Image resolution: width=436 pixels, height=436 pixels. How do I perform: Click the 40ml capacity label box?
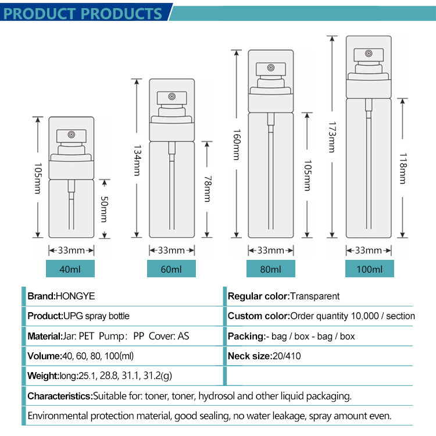(70, 269)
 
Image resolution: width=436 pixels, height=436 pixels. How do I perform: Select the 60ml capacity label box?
(171, 269)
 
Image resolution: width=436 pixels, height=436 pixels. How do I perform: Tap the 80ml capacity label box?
(270, 269)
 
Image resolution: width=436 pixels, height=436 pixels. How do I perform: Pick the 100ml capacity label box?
(369, 269)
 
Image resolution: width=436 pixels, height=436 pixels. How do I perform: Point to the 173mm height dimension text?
(333, 137)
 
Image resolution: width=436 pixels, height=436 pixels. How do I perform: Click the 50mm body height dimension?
(104, 209)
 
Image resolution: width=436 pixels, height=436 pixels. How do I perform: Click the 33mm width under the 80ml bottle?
(271, 251)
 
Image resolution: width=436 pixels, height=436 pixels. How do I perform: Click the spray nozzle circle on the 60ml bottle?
(172, 97)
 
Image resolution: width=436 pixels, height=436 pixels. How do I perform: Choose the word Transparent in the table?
(315, 296)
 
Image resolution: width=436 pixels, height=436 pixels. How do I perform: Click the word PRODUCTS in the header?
(124, 13)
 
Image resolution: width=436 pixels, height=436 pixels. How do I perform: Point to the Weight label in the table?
(43, 376)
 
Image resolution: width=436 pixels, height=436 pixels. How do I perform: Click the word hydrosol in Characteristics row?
(220, 396)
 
